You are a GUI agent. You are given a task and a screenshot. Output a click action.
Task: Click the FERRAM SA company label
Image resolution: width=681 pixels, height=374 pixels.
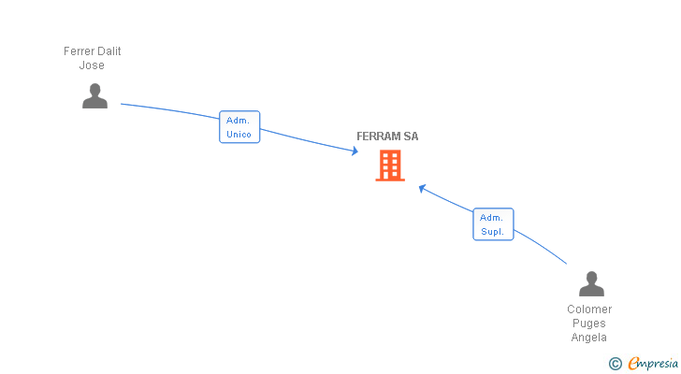387,137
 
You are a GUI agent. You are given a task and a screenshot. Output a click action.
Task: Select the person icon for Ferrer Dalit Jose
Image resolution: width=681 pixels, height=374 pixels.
94,95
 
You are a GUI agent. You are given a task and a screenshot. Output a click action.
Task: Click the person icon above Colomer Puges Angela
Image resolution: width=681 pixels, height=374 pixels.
591,283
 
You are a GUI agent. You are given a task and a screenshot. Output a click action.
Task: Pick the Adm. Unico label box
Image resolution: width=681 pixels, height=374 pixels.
239,126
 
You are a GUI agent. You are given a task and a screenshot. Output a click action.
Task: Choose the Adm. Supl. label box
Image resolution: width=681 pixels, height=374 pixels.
493,224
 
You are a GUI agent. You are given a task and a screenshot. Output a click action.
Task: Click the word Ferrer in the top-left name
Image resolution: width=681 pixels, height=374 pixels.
80,51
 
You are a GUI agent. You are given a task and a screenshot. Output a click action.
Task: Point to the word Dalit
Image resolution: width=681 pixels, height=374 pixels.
109,51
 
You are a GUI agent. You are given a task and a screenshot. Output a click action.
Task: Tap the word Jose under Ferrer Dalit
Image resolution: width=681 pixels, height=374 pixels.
92,65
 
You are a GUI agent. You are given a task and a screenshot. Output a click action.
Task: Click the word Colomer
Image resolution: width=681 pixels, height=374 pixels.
589,309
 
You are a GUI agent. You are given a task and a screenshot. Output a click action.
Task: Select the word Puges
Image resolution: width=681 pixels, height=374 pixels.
589,324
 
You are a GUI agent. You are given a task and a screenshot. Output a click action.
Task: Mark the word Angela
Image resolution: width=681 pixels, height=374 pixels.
589,338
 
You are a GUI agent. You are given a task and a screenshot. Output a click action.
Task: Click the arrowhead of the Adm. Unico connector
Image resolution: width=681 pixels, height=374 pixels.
355,151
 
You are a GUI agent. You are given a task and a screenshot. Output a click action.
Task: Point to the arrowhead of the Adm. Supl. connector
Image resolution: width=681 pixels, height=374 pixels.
422,187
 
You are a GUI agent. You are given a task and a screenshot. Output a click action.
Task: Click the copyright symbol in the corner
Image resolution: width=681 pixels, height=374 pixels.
615,364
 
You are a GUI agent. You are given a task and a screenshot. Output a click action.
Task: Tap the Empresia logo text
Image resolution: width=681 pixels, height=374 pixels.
653,364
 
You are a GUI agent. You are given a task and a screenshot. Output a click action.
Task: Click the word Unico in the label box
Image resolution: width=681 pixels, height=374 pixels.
239,134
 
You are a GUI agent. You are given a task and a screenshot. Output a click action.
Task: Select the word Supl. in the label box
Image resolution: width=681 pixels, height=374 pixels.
493,232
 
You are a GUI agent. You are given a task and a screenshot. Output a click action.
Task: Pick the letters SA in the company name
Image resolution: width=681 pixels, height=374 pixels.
412,137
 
